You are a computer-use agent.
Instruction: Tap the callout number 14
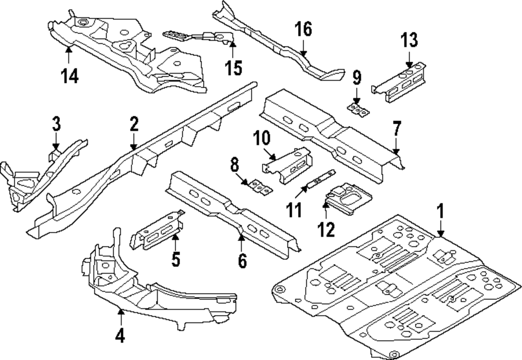tap(69, 76)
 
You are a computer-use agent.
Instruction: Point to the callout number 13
tap(410, 40)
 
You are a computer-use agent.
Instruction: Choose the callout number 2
tap(134, 124)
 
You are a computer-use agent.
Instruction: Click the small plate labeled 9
tap(358, 110)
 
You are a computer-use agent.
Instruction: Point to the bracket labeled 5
tap(156, 230)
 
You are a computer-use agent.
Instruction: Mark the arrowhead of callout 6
tap(242, 237)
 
